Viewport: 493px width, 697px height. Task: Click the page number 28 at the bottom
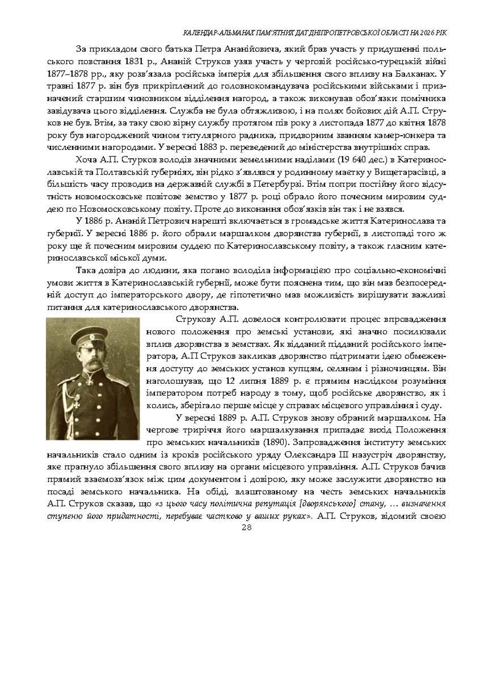coord(247,527)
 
